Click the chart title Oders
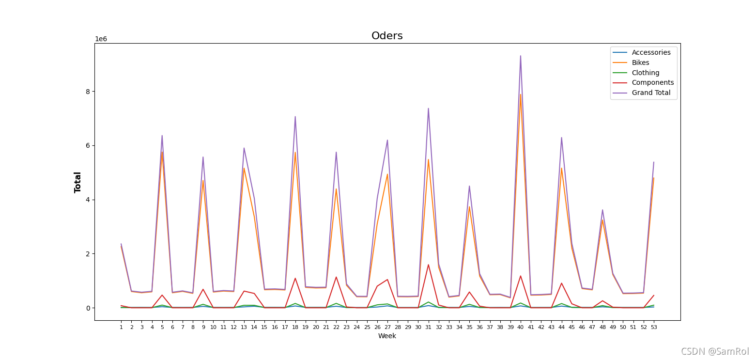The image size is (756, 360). click(x=387, y=36)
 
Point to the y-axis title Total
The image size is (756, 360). click(x=78, y=182)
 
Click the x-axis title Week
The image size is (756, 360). click(x=387, y=336)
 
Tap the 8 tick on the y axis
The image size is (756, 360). click(x=88, y=92)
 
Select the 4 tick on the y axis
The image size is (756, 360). click(x=88, y=200)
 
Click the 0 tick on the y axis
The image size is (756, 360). click(x=88, y=308)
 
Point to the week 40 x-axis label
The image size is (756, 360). click(x=521, y=328)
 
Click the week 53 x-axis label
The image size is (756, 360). click(x=654, y=328)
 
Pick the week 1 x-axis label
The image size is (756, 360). click(x=121, y=328)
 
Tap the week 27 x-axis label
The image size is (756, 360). click(x=387, y=328)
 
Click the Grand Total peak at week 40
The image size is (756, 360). click(x=521, y=56)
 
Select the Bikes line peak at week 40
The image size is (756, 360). click(x=521, y=94)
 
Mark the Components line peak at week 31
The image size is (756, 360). click(x=428, y=265)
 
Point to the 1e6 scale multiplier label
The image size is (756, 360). click(x=101, y=39)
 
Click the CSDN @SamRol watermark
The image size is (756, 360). click(x=715, y=352)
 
